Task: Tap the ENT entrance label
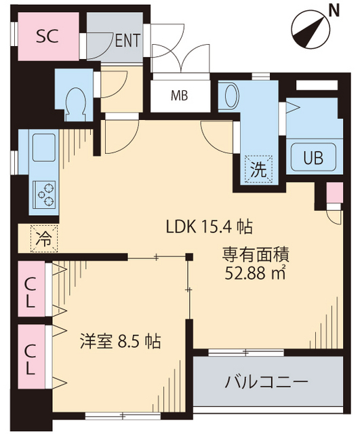pyautogui.click(x=127, y=40)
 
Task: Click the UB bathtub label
pyautogui.click(x=313, y=159)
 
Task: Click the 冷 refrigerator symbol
pyautogui.click(x=43, y=238)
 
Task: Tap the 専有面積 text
pyautogui.click(x=256, y=256)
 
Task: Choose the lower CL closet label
pyautogui.click(x=31, y=359)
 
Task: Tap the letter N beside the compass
pyautogui.click(x=333, y=10)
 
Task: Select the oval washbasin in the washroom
pyautogui.click(x=227, y=92)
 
